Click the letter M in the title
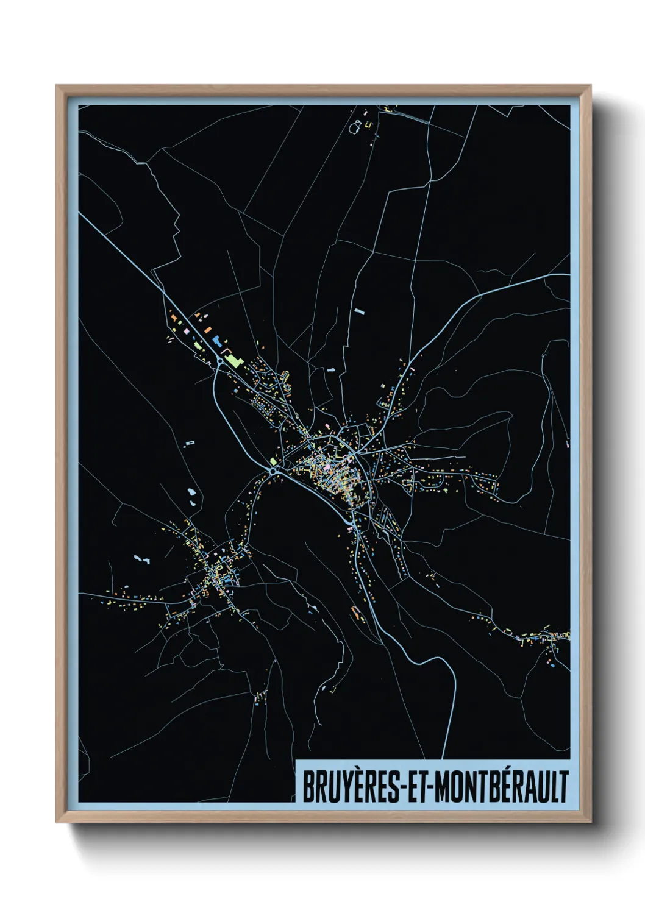pyautogui.click(x=443, y=787)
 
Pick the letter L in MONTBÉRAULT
pyautogui.click(x=551, y=787)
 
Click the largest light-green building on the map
pyautogui.click(x=233, y=360)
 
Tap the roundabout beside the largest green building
pyautogui.click(x=219, y=362)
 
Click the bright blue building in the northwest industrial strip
pyautogui.click(x=216, y=341)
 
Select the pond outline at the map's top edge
pyautogui.click(x=355, y=128)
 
